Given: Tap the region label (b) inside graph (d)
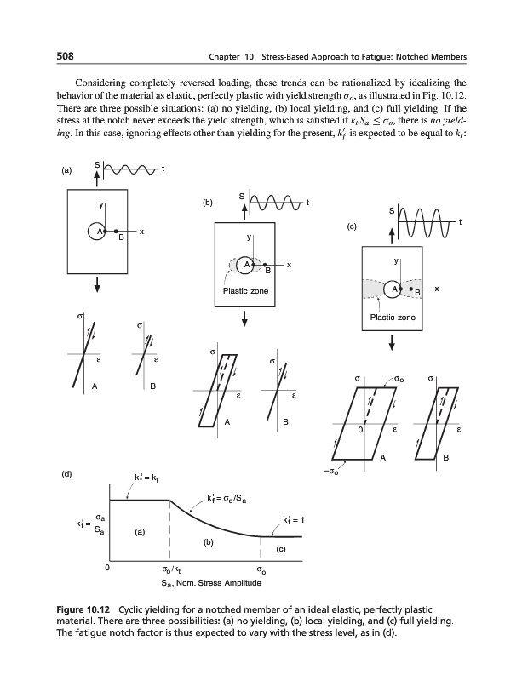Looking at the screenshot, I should pyautogui.click(x=208, y=541).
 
